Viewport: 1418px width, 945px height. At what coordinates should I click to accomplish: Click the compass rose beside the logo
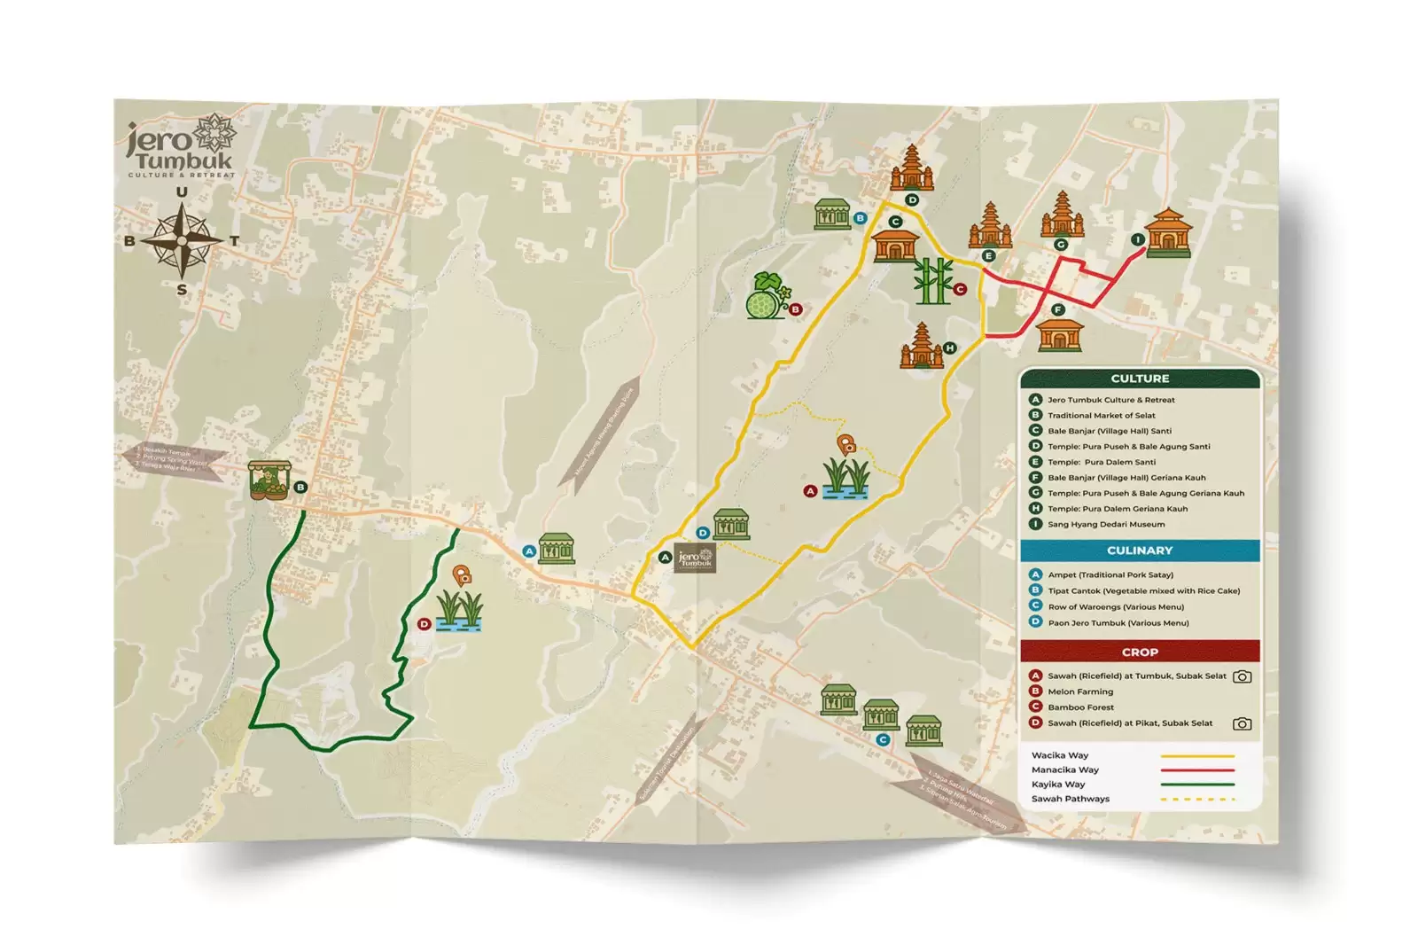point(182,240)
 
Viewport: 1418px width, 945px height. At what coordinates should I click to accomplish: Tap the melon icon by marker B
point(766,297)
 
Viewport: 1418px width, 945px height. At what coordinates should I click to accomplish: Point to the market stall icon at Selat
point(269,481)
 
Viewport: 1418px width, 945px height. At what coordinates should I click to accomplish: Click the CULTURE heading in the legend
point(1140,379)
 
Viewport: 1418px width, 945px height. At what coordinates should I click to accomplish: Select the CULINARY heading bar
point(1140,551)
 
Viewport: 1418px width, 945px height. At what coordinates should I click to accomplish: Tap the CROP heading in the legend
point(1140,652)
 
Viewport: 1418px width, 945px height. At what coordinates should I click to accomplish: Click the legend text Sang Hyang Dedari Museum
point(1106,524)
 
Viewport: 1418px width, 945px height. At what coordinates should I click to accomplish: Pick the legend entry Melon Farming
point(1080,691)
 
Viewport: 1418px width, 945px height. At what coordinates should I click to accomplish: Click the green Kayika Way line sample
point(1196,785)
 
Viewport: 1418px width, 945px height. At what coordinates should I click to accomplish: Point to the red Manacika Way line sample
point(1196,770)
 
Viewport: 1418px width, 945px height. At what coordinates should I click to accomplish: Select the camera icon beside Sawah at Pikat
point(1243,723)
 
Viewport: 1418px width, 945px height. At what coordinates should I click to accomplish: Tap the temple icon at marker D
point(912,168)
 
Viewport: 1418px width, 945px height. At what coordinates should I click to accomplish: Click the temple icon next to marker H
point(922,346)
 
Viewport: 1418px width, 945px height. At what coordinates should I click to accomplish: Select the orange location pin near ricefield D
point(462,576)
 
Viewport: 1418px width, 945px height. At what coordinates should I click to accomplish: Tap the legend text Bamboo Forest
point(1081,707)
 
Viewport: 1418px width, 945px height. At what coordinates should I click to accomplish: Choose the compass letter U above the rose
point(182,192)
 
